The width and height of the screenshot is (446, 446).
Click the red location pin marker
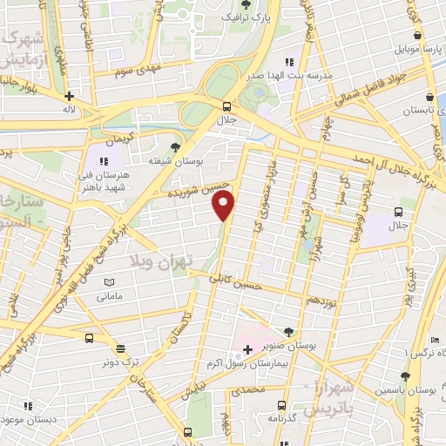click(x=225, y=206)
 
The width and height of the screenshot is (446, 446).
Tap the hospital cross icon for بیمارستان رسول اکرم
click(x=247, y=350)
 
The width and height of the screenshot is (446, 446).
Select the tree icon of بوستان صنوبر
click(x=288, y=331)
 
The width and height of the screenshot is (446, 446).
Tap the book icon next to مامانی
click(x=109, y=282)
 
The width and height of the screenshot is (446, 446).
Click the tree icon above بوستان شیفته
click(x=176, y=146)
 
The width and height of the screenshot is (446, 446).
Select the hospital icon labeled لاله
click(x=69, y=98)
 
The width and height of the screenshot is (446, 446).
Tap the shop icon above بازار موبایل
click(x=419, y=35)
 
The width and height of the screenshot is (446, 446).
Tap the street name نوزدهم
click(x=320, y=299)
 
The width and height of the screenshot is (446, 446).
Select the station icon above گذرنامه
click(x=282, y=405)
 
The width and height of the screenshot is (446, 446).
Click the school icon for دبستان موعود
click(x=28, y=405)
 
